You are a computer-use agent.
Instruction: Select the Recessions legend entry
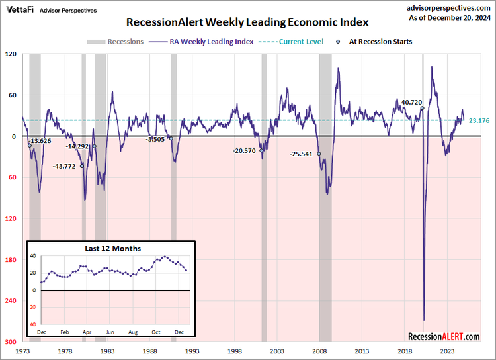click(x=115, y=42)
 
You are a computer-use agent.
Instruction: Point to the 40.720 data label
click(x=411, y=103)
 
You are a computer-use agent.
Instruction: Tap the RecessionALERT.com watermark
click(x=444, y=337)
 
